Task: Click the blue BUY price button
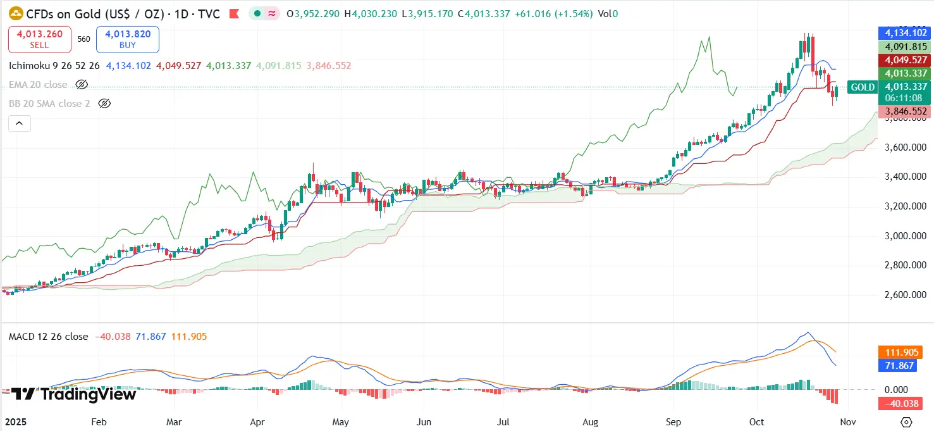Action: [128, 39]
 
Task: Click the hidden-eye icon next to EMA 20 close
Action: [81, 84]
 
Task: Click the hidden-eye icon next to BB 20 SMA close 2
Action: [104, 103]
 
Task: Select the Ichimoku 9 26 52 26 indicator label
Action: [54, 66]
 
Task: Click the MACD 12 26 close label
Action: [48, 337]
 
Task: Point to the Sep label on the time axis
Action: [673, 422]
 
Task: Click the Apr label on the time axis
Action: [257, 422]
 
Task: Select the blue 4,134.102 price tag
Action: [906, 32]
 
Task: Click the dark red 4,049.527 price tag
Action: [906, 60]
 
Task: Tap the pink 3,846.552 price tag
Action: [906, 111]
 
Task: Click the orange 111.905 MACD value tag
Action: [906, 353]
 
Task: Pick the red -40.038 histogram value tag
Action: [906, 403]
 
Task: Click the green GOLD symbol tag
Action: [863, 87]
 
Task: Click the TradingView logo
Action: [74, 394]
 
